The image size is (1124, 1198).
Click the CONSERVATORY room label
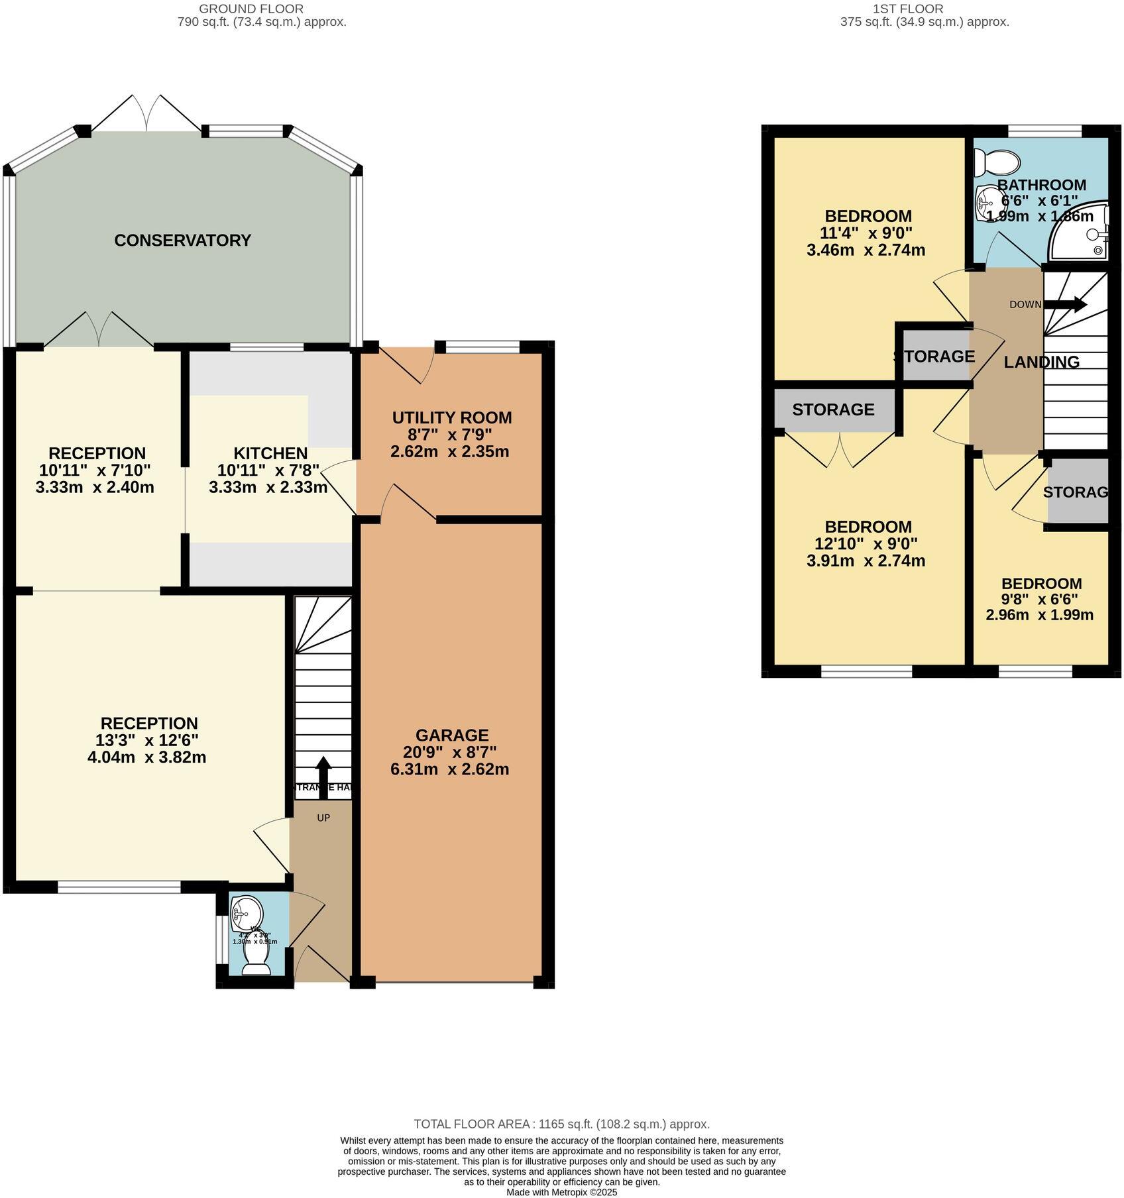tap(182, 240)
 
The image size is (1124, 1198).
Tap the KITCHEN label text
tap(270, 453)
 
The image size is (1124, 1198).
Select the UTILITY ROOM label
tap(452, 417)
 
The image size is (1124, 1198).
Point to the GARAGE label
tap(452, 735)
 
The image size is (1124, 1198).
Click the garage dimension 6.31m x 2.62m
tap(450, 769)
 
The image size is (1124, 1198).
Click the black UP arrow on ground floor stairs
tap(323, 772)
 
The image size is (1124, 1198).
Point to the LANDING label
tap(1041, 362)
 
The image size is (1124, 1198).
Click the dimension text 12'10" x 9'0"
tap(866, 544)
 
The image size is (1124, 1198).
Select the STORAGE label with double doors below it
tap(833, 409)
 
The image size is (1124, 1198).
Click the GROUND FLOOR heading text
tap(251, 9)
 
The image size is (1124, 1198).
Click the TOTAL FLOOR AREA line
tap(561, 1124)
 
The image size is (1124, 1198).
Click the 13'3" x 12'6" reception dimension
tap(147, 739)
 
